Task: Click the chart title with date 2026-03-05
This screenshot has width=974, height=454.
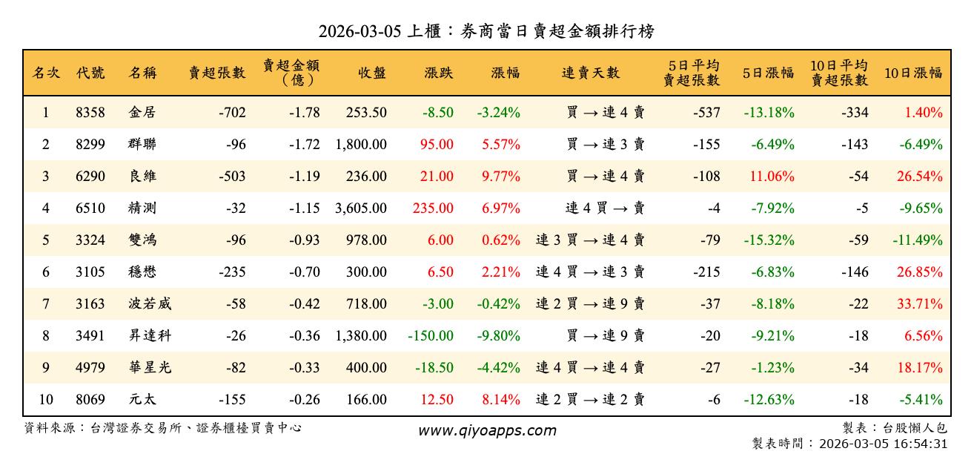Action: pyautogui.click(x=486, y=31)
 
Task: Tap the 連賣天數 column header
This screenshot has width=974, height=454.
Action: pyautogui.click(x=590, y=73)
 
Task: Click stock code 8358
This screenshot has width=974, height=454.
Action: pyautogui.click(x=90, y=113)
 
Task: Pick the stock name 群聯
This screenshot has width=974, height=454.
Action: pyautogui.click(x=142, y=145)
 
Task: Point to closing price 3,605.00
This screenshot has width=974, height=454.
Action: pyautogui.click(x=361, y=208)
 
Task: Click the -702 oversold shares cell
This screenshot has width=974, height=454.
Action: pyautogui.click(x=232, y=113)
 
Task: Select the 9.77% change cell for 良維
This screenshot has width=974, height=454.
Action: pyautogui.click(x=501, y=177)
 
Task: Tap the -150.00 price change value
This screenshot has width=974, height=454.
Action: pyautogui.click(x=431, y=336)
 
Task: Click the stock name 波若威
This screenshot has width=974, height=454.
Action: pyautogui.click(x=150, y=304)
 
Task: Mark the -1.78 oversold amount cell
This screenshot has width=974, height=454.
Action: pyautogui.click(x=304, y=113)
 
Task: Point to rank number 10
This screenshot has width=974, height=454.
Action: pyautogui.click(x=46, y=400)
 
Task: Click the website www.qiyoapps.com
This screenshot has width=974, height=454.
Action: pyautogui.click(x=486, y=431)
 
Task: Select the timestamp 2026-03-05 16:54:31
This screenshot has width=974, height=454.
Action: pyautogui.click(x=882, y=444)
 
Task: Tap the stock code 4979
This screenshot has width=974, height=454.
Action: pyautogui.click(x=90, y=368)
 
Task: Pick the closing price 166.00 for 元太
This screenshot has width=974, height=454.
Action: pyautogui.click(x=366, y=400)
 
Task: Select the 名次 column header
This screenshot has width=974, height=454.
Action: pyautogui.click(x=46, y=73)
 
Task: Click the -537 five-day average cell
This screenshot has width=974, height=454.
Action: pyautogui.click(x=706, y=113)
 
